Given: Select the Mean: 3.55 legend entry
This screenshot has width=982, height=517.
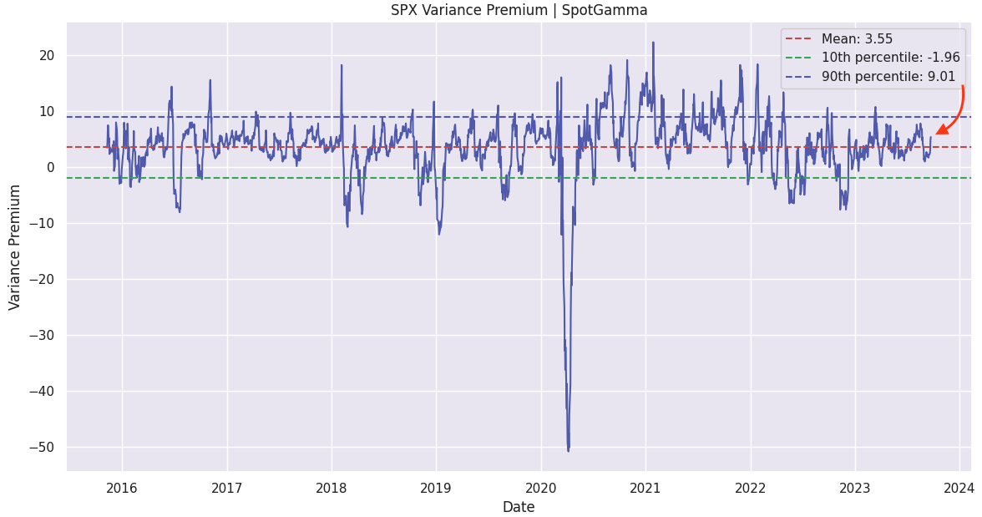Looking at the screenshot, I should click(x=857, y=39).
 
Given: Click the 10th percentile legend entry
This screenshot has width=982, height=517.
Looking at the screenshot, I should click(x=890, y=58).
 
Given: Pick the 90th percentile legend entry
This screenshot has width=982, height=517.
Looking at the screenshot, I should click(x=890, y=77).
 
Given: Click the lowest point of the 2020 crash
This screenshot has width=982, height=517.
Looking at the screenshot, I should click(x=569, y=451).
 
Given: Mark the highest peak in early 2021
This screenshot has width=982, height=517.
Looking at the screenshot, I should click(x=653, y=43).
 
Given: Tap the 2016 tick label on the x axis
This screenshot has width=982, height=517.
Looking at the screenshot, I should click(x=122, y=488).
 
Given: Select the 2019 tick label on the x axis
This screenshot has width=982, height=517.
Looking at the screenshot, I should click(x=436, y=488).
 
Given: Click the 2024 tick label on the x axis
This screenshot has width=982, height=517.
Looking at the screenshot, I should click(x=959, y=488).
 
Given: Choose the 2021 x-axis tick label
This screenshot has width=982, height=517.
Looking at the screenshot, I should click(x=645, y=488).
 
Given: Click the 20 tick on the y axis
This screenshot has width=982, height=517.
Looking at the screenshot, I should click(x=47, y=56).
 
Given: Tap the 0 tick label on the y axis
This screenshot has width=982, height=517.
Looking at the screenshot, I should click(x=51, y=167).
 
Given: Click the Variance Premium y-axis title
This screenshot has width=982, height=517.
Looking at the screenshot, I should click(x=15, y=247).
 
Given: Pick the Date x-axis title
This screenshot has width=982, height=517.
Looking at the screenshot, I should click(x=519, y=507).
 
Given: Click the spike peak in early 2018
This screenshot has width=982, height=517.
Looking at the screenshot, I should click(x=342, y=65).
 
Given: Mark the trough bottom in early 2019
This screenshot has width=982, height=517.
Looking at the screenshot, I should click(x=439, y=233).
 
